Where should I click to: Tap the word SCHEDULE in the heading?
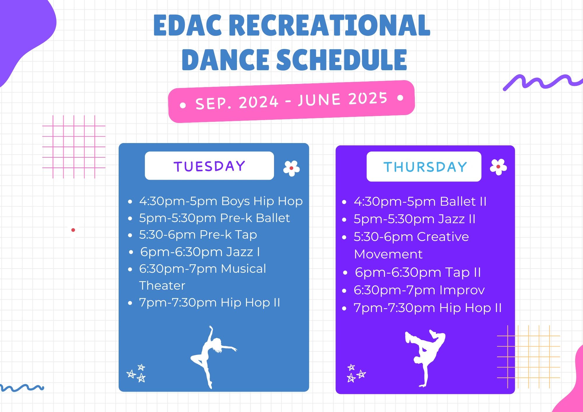tap(341, 60)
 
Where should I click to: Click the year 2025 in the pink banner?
tap(368, 98)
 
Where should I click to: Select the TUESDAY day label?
tap(209, 166)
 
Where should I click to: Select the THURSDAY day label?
tap(425, 167)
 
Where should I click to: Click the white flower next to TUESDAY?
tap(291, 168)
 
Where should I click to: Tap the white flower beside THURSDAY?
tap(498, 167)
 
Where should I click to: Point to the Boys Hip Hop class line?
tap(221, 201)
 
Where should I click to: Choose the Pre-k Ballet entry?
tap(214, 218)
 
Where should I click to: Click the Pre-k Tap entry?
tap(198, 235)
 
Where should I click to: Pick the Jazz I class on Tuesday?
tap(200, 252)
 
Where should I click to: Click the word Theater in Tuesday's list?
tap(162, 286)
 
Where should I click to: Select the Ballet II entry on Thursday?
tap(420, 202)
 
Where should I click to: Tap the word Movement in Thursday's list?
tap(388, 254)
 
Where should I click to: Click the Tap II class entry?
tap(418, 272)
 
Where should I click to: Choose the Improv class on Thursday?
tap(419, 290)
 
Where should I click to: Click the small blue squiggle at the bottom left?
tap(22, 388)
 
